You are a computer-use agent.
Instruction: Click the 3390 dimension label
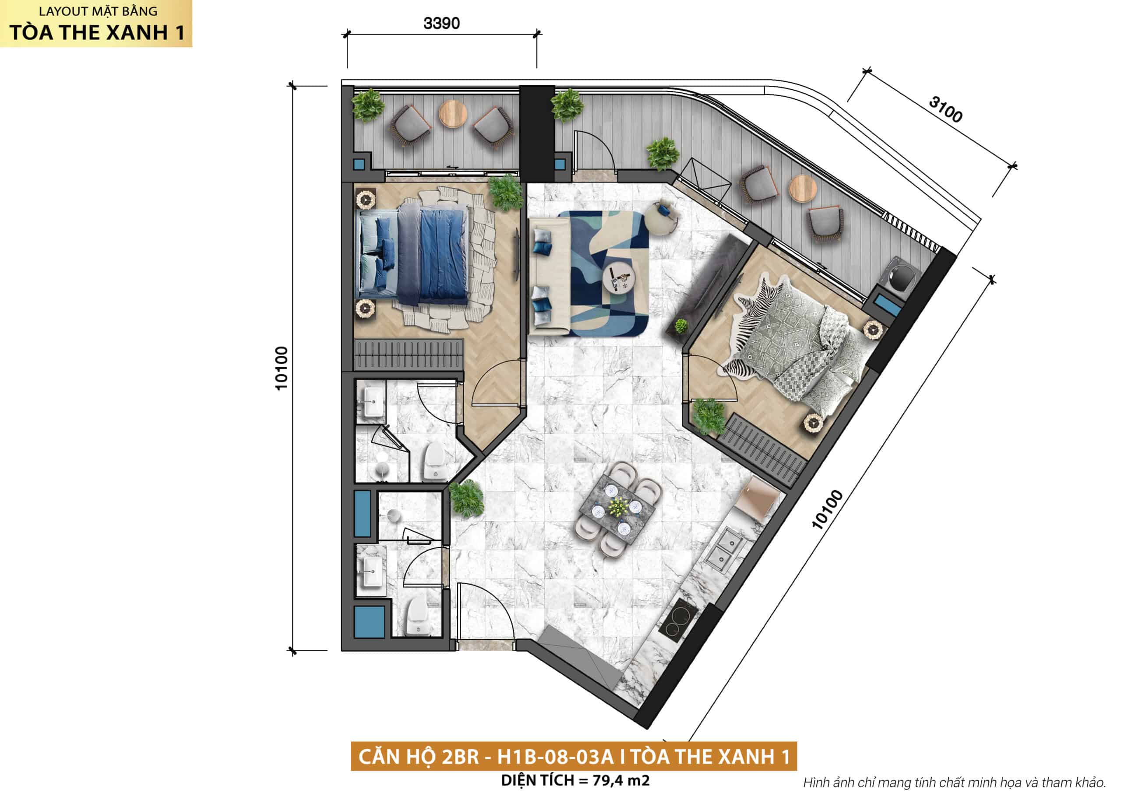[441, 23]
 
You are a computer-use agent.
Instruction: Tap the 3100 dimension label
[945, 109]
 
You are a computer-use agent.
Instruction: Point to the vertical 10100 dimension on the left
[282, 368]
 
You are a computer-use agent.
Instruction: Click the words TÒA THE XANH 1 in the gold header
[97, 32]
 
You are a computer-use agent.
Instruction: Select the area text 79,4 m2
[621, 780]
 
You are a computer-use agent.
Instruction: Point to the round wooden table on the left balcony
[453, 114]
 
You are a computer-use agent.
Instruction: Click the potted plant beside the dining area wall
[466, 499]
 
